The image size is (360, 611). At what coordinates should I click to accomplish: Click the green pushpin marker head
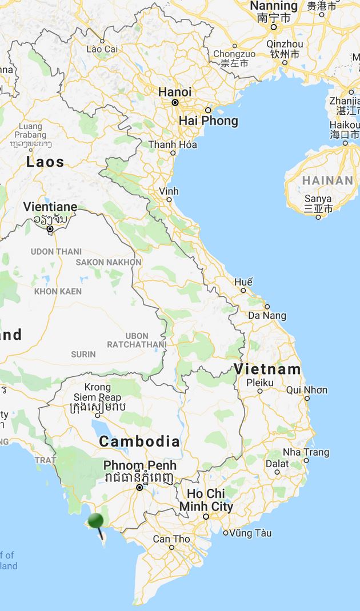[95, 520]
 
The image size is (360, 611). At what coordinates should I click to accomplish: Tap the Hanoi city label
[175, 92]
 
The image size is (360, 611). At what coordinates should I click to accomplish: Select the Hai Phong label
[208, 121]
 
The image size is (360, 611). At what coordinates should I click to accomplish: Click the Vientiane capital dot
[50, 229]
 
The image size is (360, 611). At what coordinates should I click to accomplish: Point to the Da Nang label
[267, 315]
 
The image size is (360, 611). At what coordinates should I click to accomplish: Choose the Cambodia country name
[139, 441]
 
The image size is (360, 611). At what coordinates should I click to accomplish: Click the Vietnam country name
[267, 369]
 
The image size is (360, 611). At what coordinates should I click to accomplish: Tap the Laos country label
[45, 162]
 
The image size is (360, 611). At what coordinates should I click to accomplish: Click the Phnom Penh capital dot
[139, 488]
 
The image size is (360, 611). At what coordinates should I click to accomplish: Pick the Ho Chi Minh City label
[206, 500]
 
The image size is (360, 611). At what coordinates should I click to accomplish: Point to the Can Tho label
[171, 538]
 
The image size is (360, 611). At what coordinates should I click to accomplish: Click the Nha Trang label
[306, 452]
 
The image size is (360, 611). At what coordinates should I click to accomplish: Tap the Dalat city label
[277, 464]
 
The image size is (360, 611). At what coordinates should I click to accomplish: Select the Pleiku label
[260, 383]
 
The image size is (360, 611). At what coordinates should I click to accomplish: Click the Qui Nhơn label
[307, 390]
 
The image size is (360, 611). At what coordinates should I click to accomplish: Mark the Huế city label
[243, 282]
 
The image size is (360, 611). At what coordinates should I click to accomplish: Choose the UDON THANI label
[56, 251]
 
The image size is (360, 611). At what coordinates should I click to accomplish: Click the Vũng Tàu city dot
[226, 533]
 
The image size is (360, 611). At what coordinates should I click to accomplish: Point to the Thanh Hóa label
[173, 144]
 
